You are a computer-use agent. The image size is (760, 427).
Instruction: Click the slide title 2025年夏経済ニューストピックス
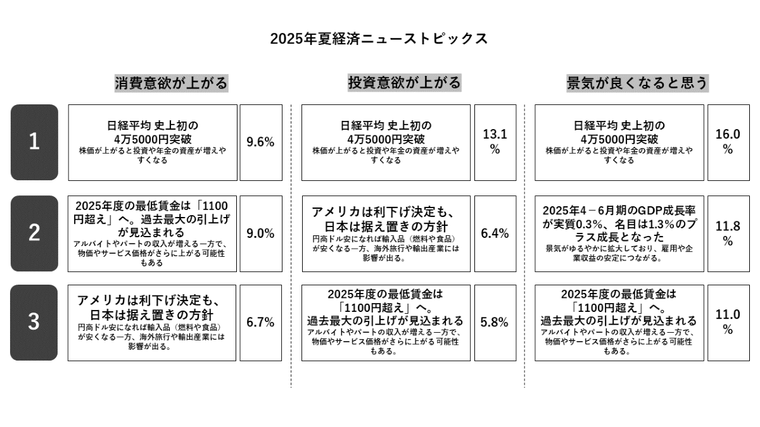click(379, 39)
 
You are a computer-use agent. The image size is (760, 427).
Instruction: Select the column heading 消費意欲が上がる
click(171, 83)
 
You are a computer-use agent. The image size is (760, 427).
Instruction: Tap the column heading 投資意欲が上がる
click(404, 83)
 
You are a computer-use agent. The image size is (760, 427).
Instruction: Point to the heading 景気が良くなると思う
click(637, 83)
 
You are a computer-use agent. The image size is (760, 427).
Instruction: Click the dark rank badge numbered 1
click(34, 142)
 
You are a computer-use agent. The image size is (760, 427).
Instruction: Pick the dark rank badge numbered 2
click(34, 233)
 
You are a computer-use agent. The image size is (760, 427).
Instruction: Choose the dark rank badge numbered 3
click(34, 323)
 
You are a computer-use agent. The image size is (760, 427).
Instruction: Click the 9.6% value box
click(260, 142)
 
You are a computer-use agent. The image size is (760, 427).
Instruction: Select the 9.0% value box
click(260, 233)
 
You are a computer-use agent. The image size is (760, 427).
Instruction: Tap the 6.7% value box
click(260, 323)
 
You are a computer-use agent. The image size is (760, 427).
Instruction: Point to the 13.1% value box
click(495, 142)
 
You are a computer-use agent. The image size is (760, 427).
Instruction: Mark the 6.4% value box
click(495, 233)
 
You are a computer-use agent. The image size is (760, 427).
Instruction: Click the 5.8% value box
click(495, 323)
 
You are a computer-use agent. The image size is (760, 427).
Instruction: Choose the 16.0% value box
click(728, 142)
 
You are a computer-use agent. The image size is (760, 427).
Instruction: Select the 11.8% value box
click(728, 233)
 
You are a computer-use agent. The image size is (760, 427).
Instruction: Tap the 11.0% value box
click(728, 323)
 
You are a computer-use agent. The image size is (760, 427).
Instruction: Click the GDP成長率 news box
click(619, 233)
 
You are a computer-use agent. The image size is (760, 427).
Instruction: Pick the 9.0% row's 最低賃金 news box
click(152, 233)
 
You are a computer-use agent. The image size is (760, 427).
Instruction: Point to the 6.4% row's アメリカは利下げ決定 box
click(386, 233)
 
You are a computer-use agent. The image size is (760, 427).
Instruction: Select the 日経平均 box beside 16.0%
click(619, 142)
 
